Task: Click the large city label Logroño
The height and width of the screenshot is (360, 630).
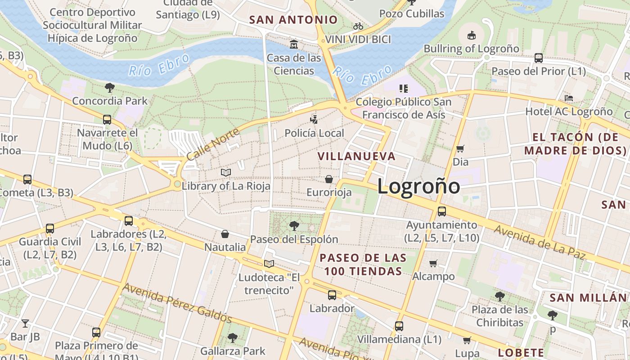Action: [x=418, y=186]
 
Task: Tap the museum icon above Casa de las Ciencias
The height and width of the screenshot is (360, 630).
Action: [x=294, y=44]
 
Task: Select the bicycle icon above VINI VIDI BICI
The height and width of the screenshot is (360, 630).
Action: [x=358, y=26]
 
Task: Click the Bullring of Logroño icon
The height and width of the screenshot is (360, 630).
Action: [x=471, y=35]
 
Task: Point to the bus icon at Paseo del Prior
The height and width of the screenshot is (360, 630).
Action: [x=538, y=58]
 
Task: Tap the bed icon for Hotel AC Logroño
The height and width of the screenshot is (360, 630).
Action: [x=569, y=98]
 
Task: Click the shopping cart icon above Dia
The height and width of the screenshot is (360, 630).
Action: [x=460, y=148]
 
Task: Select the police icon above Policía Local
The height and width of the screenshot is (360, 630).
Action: [x=314, y=119]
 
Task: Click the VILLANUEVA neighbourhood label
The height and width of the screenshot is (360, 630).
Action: [x=356, y=157]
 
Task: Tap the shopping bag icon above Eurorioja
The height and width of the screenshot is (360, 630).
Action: [x=329, y=179]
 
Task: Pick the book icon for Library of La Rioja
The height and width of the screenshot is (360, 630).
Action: [x=226, y=172]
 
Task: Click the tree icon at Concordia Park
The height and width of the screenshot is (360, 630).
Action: [x=109, y=87]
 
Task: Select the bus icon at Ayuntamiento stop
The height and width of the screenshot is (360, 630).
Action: [x=442, y=211]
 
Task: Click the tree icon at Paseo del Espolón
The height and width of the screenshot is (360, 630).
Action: [x=294, y=225]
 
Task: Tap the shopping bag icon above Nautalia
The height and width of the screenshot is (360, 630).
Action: [x=225, y=234]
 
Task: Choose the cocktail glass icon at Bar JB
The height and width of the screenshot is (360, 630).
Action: [x=25, y=323]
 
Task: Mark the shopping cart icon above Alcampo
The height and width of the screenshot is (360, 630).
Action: [x=433, y=263]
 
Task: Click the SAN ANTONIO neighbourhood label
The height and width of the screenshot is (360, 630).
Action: [x=293, y=20]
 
